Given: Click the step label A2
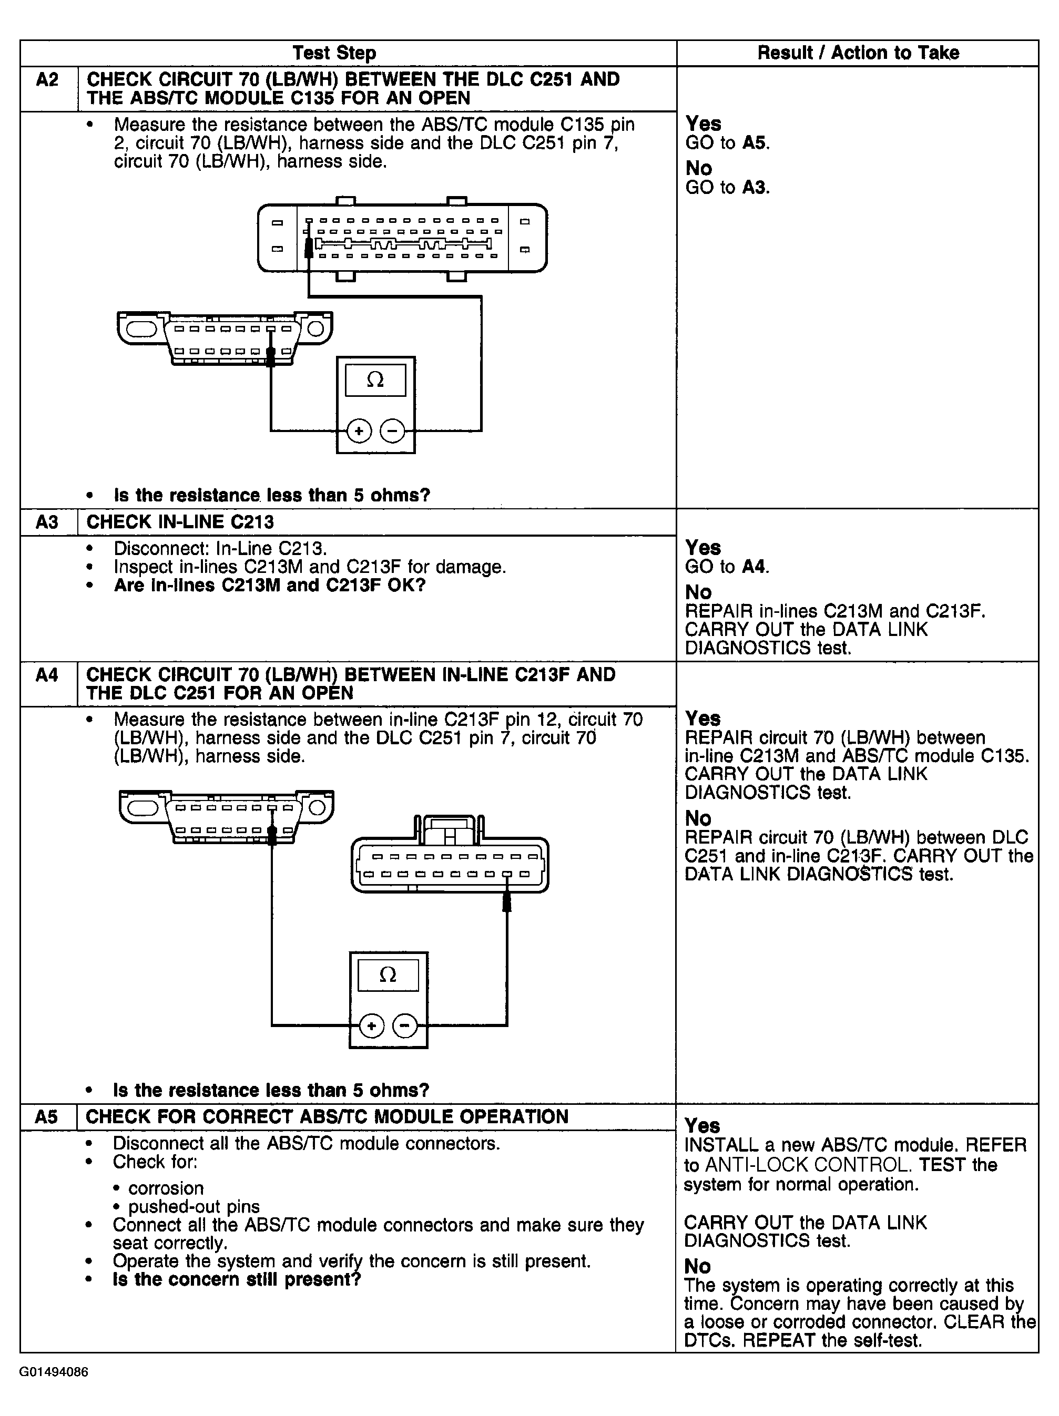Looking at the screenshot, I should coord(47,80).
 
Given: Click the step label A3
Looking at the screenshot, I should coord(47,522).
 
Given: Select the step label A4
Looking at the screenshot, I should coord(47,675).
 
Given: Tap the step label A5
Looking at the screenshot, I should coord(47,1117).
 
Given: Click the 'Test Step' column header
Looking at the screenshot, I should coord(334,53).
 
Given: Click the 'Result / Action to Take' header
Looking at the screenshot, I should coord(858,53).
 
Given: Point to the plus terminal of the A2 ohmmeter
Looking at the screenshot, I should coord(359,431).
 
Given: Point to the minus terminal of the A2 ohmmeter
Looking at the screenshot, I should coord(392,431).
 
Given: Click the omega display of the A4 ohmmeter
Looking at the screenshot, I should coord(388,975).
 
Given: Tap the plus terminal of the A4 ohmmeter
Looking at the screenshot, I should coord(371,1026).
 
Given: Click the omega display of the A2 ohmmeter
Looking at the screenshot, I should coord(375,380).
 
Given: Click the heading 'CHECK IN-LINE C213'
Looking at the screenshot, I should coord(180,522).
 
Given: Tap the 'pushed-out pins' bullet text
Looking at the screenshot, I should coord(194,1207).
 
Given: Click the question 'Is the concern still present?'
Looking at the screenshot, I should coord(237,1280).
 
